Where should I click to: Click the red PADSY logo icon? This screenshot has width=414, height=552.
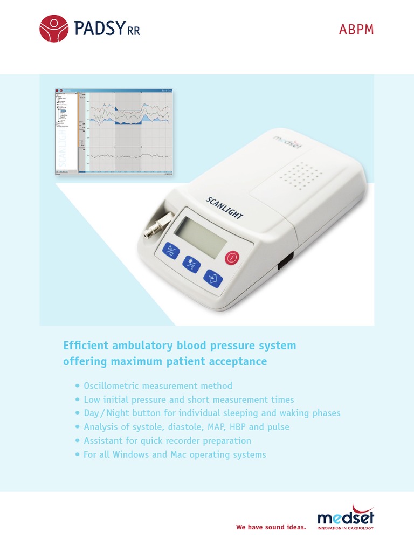click(54, 29)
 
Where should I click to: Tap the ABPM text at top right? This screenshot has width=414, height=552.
click(356, 30)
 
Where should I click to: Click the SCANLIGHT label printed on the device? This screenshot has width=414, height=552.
click(224, 208)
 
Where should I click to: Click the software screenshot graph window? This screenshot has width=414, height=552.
click(115, 132)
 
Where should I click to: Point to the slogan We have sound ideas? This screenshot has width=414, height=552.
click(271, 527)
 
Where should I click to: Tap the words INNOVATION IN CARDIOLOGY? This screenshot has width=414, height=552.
click(346, 528)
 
